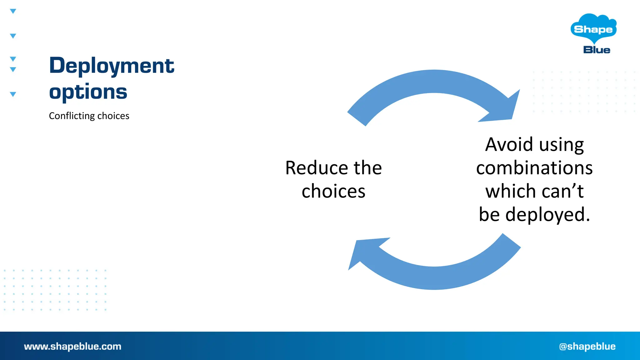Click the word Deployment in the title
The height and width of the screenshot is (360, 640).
click(x=112, y=66)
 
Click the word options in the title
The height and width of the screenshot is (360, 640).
click(x=88, y=92)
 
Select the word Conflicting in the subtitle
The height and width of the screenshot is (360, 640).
click(x=72, y=116)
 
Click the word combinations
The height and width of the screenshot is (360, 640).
click(x=534, y=168)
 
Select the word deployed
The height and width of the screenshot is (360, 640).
click(x=547, y=215)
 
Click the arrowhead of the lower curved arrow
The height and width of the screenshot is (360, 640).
click(x=362, y=252)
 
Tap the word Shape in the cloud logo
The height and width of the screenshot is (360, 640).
click(x=593, y=29)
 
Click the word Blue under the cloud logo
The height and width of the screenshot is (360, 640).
click(x=597, y=50)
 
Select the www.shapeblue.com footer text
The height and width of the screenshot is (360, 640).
click(x=72, y=347)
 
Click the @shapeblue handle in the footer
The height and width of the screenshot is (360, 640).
click(x=587, y=347)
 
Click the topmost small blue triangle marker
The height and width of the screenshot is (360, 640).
click(x=13, y=11)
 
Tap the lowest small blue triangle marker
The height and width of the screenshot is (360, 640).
click(x=13, y=94)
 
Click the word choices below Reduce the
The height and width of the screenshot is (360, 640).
click(x=333, y=191)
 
